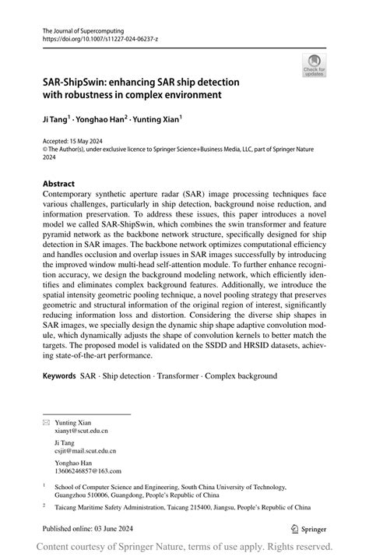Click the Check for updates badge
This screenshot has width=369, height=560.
(x=315, y=65)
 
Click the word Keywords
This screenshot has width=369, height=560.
(x=59, y=375)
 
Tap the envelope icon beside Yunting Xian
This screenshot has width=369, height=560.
(x=45, y=421)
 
